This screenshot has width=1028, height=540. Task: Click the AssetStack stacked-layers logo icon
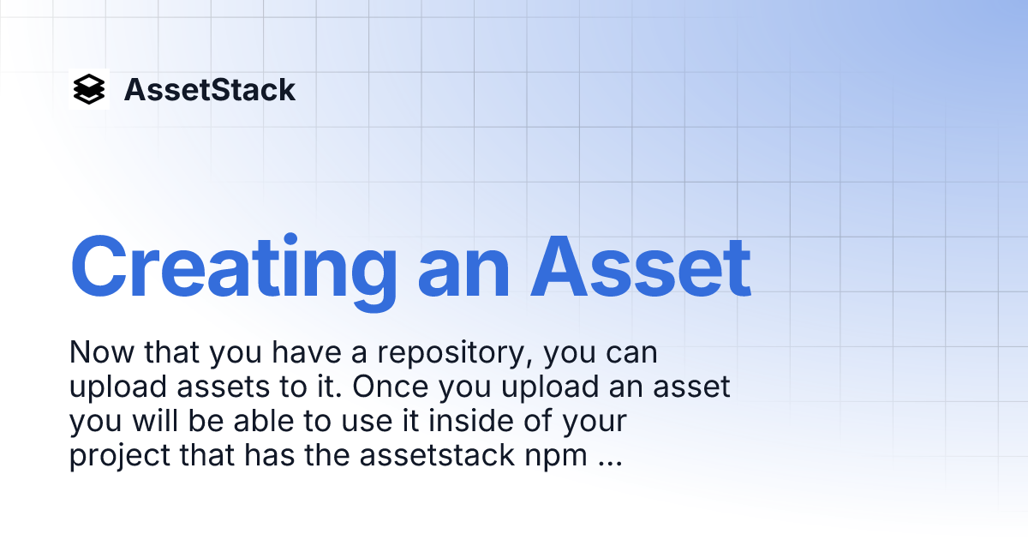(89, 89)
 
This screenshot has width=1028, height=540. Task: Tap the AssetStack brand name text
(210, 90)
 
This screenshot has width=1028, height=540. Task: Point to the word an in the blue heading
(463, 268)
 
